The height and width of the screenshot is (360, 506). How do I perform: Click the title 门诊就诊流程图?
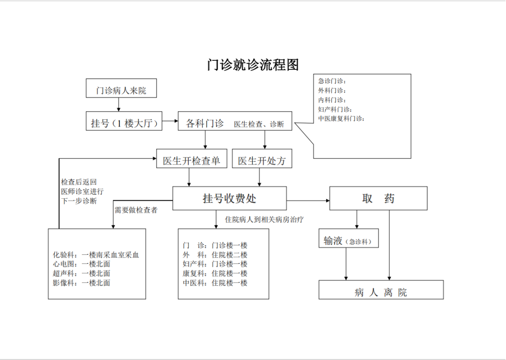coord(253,65)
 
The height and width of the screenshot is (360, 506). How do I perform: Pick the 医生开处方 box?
coord(262,161)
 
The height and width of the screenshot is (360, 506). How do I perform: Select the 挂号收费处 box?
coord(229,198)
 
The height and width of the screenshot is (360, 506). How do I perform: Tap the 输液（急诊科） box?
coord(348,241)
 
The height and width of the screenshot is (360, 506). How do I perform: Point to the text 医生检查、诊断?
coord(259,125)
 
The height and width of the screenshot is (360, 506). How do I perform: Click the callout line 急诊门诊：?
coord(332,81)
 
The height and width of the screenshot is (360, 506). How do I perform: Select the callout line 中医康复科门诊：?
coord(341,118)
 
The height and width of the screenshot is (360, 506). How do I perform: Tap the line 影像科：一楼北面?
coord(81,282)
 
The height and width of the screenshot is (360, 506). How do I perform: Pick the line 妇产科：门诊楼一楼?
coord(215,264)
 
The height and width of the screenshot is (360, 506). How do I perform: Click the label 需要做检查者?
coord(136,210)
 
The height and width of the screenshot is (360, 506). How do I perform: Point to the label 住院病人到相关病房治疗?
coord(264,220)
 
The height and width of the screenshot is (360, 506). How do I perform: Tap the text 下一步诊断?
coord(79,201)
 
